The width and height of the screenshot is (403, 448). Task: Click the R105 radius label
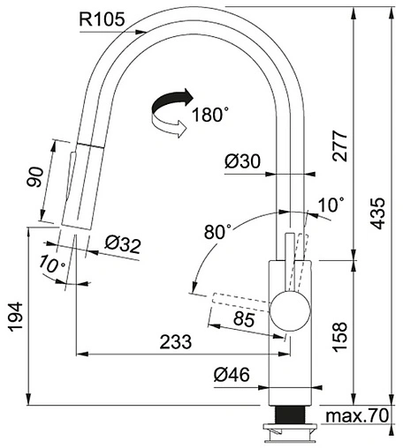click(102, 19)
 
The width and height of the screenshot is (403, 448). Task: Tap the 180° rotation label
click(210, 115)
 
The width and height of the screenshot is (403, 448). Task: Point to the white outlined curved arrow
click(169, 126)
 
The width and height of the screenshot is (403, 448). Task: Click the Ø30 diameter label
click(242, 161)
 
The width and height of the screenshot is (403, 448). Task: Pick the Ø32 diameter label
click(123, 244)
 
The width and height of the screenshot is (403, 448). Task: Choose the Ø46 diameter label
click(232, 375)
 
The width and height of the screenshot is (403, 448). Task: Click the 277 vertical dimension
click(339, 146)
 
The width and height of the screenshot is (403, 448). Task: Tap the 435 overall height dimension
click(377, 213)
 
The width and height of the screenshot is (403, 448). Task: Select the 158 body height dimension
click(339, 337)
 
